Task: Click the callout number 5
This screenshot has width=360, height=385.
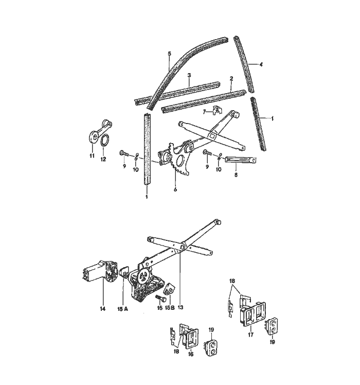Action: (x=169, y=54)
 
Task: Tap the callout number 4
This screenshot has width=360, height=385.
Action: (x=261, y=64)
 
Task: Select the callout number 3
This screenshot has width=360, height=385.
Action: (x=189, y=75)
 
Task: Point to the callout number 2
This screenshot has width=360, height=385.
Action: (x=231, y=79)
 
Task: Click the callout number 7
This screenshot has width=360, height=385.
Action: (x=204, y=112)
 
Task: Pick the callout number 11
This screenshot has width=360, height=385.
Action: (x=92, y=155)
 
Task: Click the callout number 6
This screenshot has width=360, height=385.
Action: (x=175, y=189)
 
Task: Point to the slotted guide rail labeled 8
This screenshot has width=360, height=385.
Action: (x=241, y=160)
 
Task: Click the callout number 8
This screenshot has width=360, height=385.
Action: (x=236, y=176)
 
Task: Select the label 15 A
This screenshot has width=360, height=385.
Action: (x=123, y=309)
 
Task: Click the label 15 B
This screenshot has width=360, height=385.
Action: (x=170, y=308)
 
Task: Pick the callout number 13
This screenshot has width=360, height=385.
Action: (x=181, y=308)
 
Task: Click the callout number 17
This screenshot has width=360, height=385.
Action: (x=250, y=335)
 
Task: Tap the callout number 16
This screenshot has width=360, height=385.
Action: (x=191, y=354)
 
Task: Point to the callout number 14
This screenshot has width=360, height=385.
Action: (x=102, y=309)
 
